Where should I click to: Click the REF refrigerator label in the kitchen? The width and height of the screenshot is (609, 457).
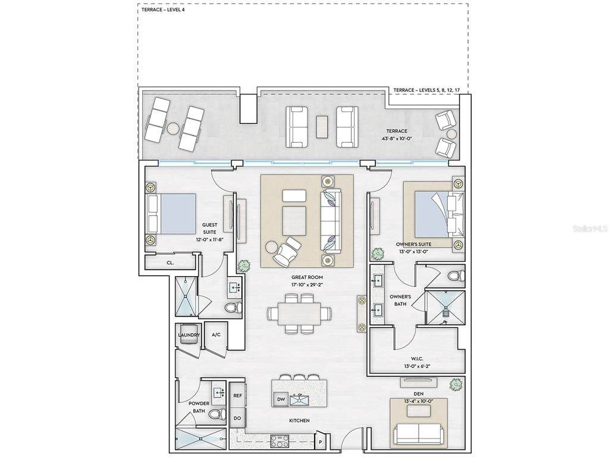tap(237, 395)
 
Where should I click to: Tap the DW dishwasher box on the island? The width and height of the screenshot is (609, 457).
tap(281, 399)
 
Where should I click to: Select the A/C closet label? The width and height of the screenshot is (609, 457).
tap(216, 334)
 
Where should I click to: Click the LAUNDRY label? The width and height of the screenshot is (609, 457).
tap(189, 335)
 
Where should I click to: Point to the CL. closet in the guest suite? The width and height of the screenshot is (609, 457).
tap(170, 262)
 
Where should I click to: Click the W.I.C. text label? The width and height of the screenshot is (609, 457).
tap(417, 358)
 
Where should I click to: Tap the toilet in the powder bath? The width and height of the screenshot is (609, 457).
tap(217, 414)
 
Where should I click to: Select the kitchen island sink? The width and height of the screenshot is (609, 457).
tap(299, 399)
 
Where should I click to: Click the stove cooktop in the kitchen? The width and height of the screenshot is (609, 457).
tap(280, 441)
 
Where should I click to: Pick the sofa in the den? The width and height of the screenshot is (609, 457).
tap(418, 434)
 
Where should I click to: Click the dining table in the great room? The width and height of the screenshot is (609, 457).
tap(300, 314)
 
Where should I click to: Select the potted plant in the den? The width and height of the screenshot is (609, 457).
tap(455, 385)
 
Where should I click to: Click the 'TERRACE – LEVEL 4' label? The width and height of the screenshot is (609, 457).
tap(163, 10)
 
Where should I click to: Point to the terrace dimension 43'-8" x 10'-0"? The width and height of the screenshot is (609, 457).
tap(397, 138)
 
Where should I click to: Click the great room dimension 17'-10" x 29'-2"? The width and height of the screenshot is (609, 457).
tap(307, 285)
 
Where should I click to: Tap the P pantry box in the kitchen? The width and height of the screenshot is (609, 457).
tap(321, 442)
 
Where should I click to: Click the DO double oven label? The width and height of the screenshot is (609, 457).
tap(237, 418)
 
